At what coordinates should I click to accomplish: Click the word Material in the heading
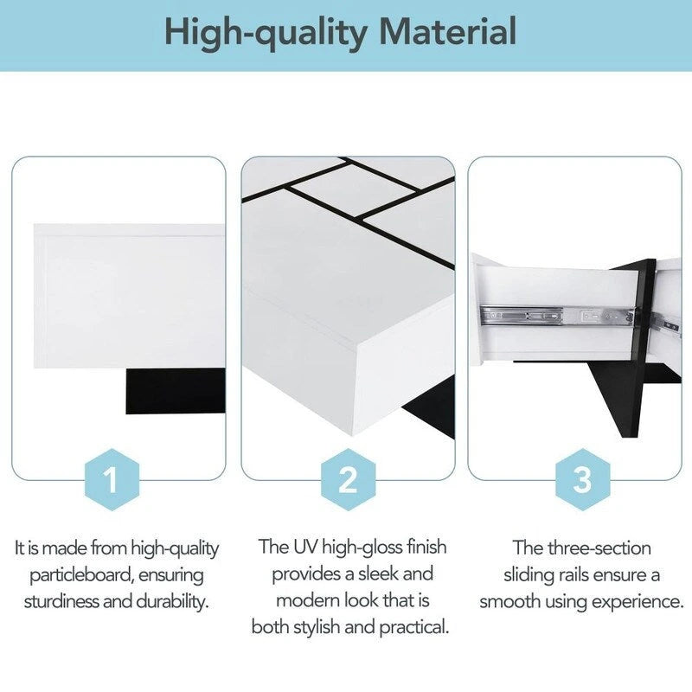pyautogui.click(x=448, y=32)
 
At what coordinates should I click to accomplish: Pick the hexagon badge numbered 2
pyautogui.click(x=347, y=479)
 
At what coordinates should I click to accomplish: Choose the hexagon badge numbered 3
pyautogui.click(x=581, y=479)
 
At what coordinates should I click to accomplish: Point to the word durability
pyautogui.click(x=165, y=601)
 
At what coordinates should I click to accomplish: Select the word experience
pyautogui.click(x=638, y=601)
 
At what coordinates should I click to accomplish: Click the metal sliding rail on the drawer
pyautogui.click(x=554, y=316)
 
